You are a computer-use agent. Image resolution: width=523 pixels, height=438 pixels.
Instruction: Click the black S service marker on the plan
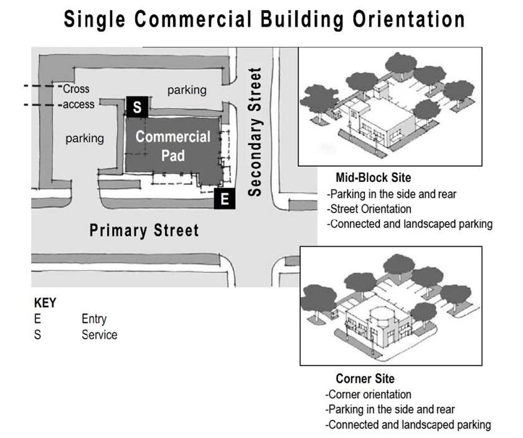pos(137,107)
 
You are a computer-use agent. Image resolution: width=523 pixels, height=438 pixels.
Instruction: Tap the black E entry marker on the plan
pos(224,199)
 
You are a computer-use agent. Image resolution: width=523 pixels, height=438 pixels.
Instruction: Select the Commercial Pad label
pos(172,146)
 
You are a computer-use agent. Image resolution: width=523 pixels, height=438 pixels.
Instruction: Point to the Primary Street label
pos(144,231)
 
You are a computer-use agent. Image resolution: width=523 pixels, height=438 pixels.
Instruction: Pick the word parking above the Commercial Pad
pos(187,90)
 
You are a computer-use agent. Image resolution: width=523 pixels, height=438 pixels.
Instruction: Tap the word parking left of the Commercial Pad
pos(85,138)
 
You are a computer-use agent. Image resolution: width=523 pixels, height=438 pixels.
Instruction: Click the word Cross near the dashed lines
pos(77,89)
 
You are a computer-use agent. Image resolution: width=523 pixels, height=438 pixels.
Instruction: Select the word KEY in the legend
pos(44,303)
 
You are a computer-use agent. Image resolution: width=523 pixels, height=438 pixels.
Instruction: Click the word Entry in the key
pos(94,320)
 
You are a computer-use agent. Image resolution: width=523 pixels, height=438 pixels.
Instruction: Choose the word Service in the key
pos(99,335)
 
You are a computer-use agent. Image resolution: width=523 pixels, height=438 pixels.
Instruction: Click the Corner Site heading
pos(365,379)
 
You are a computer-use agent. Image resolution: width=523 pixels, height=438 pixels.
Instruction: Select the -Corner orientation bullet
pos(368,394)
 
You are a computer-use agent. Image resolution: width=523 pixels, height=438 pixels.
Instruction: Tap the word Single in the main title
pos(95,19)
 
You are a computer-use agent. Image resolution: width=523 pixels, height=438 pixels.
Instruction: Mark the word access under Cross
pos(78,105)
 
